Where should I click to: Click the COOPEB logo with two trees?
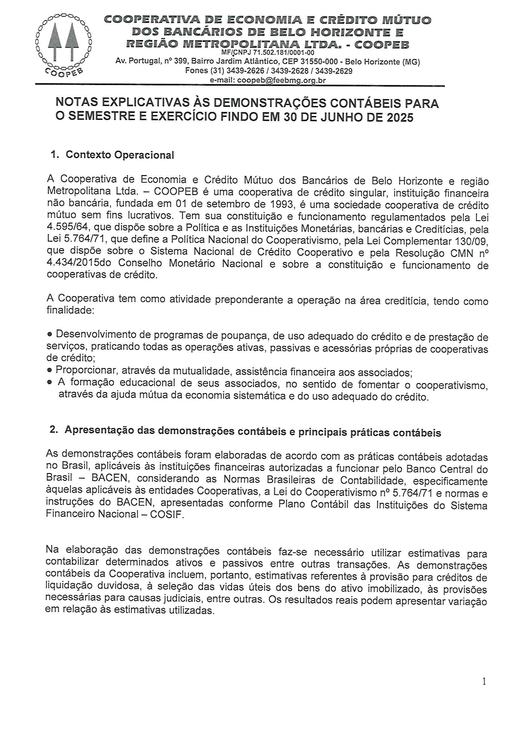[x=64, y=45]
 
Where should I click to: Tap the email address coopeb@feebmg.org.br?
[x=281, y=80]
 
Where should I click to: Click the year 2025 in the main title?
[x=400, y=118]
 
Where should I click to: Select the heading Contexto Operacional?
[x=120, y=155]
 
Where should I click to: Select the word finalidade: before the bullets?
[x=70, y=310]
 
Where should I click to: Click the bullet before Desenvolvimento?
[x=50, y=334]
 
